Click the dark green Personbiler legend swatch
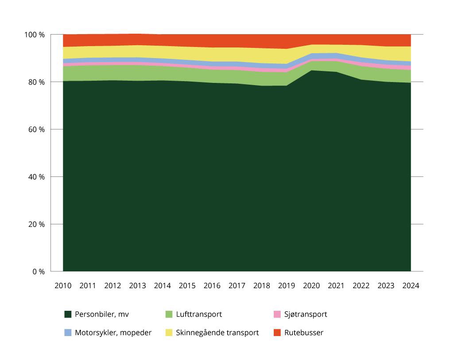pos(68,314)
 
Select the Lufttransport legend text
pos(199,314)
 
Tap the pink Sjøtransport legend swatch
pos(277,314)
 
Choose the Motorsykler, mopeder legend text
pos(113,333)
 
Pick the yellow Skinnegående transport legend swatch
pos(169,333)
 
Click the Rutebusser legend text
pos(304,333)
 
